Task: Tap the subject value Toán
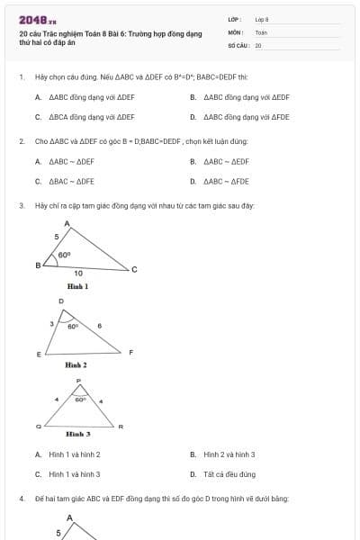point(261,31)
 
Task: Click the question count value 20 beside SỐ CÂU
point(258,44)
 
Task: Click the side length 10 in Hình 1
point(78,273)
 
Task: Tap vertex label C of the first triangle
point(135,270)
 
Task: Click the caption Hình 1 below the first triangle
point(77,286)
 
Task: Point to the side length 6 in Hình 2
point(100,325)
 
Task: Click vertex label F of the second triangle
point(131,352)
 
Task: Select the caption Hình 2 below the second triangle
point(76,365)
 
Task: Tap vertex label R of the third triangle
point(121,425)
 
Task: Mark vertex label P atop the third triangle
point(79,381)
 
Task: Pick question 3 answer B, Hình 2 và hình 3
point(229,454)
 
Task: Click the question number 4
point(21,498)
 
